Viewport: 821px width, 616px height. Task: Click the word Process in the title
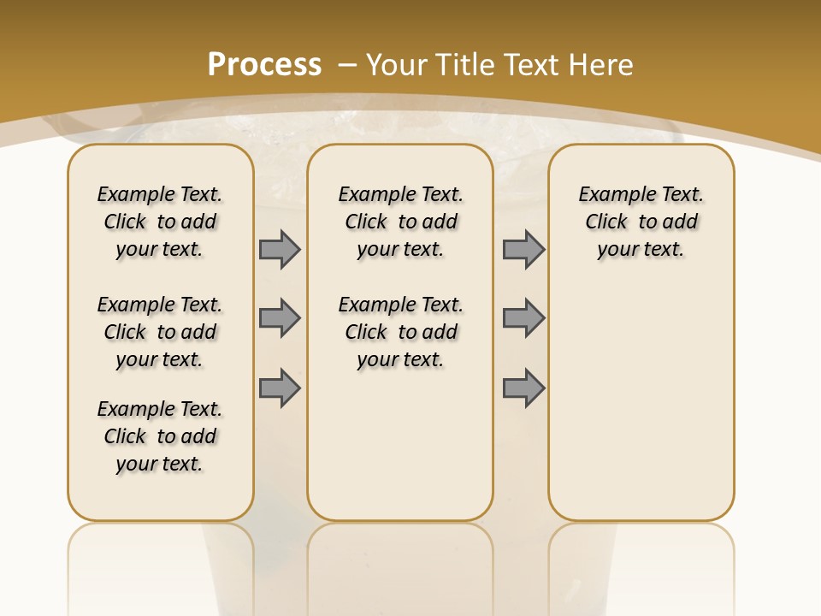coord(264,64)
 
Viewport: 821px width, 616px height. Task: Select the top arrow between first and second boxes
coord(280,250)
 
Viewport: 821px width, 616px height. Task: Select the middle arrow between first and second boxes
coord(280,318)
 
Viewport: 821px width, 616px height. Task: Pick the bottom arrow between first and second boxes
coord(280,388)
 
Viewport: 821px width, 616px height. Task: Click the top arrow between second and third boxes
coord(523,250)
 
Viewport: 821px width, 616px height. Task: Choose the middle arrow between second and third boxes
coord(523,318)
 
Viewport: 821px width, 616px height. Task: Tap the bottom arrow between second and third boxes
coord(523,388)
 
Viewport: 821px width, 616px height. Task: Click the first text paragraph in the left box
coord(160,222)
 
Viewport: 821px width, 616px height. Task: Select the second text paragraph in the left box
coord(160,332)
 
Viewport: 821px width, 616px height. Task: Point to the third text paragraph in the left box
coord(160,436)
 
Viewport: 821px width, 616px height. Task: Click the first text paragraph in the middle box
coord(400,222)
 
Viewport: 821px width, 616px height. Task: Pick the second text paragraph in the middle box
coord(400,332)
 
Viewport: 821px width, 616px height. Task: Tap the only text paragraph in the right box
coord(641,222)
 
